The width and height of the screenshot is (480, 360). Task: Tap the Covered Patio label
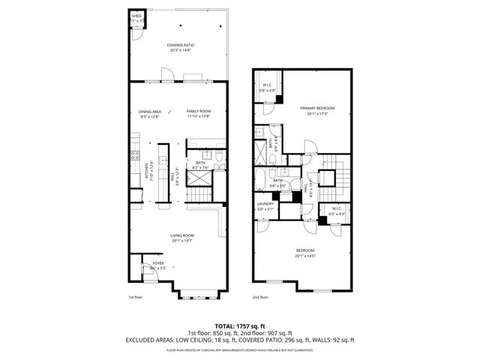tap(179, 47)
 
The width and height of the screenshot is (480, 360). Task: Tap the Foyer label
tap(158, 265)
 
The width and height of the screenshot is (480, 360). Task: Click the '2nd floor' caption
tap(260, 297)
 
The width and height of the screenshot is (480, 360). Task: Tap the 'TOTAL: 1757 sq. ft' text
tap(239, 325)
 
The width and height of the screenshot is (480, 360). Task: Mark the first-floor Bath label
tap(201, 164)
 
